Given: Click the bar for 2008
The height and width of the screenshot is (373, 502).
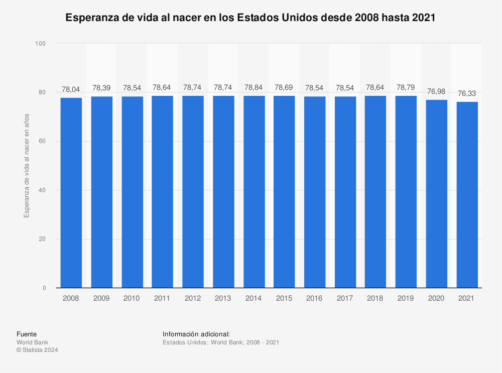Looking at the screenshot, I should (71, 193).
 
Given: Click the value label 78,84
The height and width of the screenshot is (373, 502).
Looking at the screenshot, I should (254, 87).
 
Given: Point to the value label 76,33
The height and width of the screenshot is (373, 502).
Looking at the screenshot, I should (467, 93).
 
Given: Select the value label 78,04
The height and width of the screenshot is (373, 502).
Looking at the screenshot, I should (71, 89).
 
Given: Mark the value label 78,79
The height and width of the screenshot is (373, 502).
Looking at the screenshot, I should (406, 87).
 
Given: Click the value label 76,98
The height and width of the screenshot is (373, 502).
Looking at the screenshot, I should (437, 91).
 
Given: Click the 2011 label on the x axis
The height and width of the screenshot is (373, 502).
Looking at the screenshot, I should (162, 298).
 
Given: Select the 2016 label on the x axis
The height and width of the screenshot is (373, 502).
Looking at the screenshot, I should (315, 298).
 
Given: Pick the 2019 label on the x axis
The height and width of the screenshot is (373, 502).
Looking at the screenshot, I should (406, 298).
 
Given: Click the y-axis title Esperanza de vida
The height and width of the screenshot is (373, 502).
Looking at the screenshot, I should (27, 165).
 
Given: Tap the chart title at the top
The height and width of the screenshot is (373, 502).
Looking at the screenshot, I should (250, 18).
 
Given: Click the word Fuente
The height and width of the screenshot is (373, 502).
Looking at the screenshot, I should (27, 334).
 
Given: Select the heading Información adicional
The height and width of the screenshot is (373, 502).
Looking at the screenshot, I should (196, 334).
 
